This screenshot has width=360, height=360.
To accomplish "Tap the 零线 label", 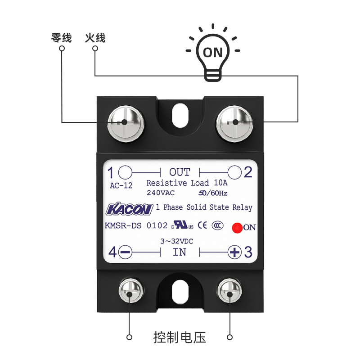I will coord(61,38).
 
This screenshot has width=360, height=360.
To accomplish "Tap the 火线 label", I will coord(95,38).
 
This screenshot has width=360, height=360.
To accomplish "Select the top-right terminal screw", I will coord(234,121).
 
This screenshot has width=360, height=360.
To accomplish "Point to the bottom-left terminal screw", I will coord(130,293).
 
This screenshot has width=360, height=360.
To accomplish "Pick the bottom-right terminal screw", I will coord(229,293).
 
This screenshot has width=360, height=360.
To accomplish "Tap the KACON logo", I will coord(129,209).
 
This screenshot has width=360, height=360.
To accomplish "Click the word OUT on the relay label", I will coord(180,172).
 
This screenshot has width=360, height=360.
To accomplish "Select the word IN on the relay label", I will coord(180,252).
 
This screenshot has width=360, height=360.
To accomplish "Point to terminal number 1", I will coord(111,172).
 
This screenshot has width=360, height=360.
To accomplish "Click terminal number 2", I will coord(248,172).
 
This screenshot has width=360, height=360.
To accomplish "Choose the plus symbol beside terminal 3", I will coord(234,252).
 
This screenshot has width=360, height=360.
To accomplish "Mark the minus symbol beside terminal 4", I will coord(126,252).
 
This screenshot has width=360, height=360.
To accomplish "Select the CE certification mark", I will coord(203,225).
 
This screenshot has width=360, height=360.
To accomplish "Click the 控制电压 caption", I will coord(180,337).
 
